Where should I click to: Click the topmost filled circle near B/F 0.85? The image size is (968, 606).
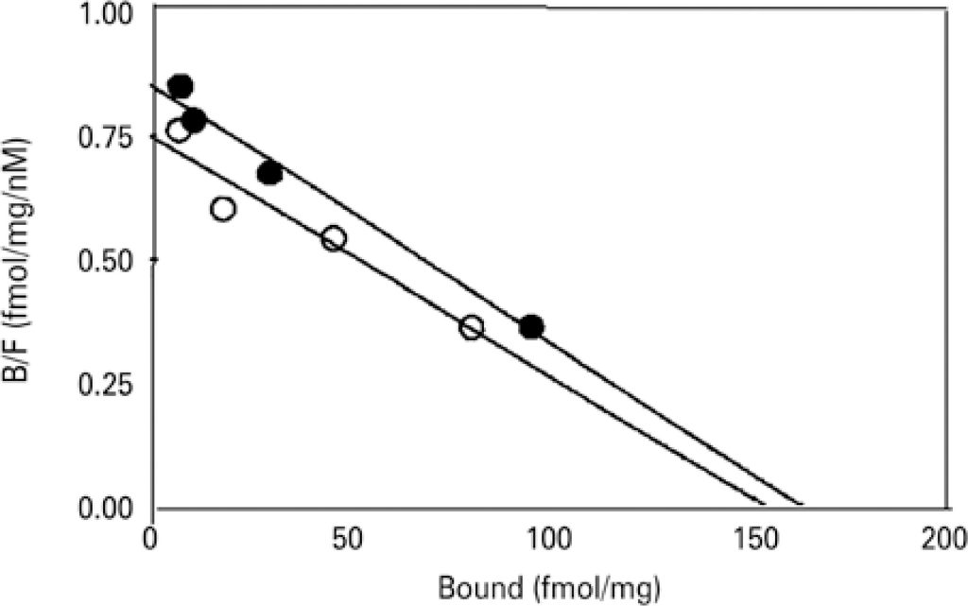180,86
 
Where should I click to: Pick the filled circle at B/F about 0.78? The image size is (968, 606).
195,120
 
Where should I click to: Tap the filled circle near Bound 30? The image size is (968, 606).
270,173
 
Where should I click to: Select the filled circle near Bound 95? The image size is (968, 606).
531,327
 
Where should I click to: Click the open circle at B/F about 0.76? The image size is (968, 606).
178,130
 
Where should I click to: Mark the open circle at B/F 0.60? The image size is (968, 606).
223,209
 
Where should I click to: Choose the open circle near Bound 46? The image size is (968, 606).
334,238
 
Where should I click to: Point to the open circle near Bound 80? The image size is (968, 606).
471,328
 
